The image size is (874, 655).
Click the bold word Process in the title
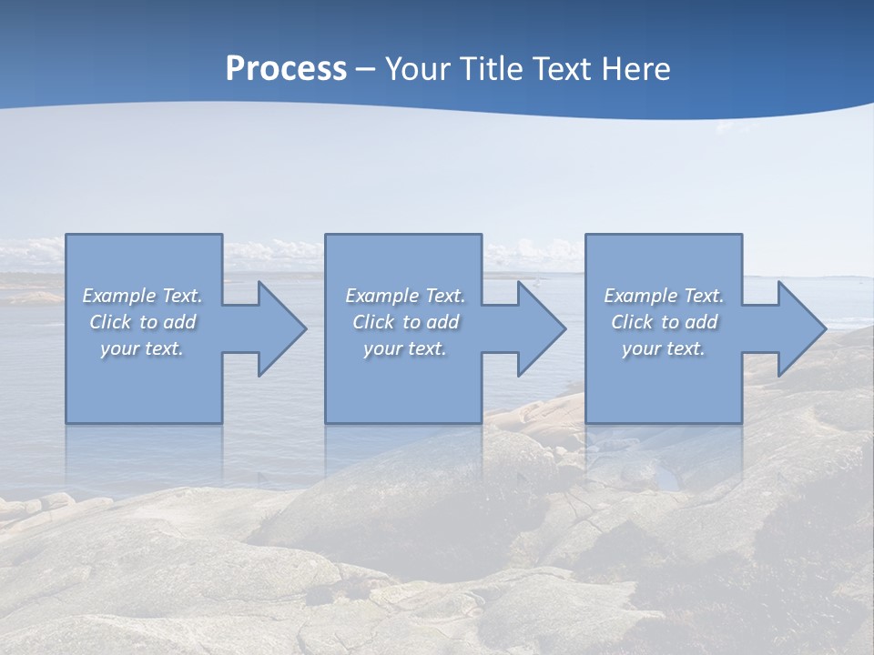[286, 68]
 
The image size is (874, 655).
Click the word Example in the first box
[118, 296]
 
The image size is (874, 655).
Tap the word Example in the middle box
[381, 296]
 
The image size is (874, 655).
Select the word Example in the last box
[640, 296]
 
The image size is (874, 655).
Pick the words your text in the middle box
[405, 348]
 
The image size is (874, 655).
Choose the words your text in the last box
[664, 348]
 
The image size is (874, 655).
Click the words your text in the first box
[142, 348]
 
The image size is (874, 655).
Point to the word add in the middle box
[442, 322]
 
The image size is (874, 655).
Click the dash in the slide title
[366, 69]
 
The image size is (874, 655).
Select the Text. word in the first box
[181, 296]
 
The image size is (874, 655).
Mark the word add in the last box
[701, 322]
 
